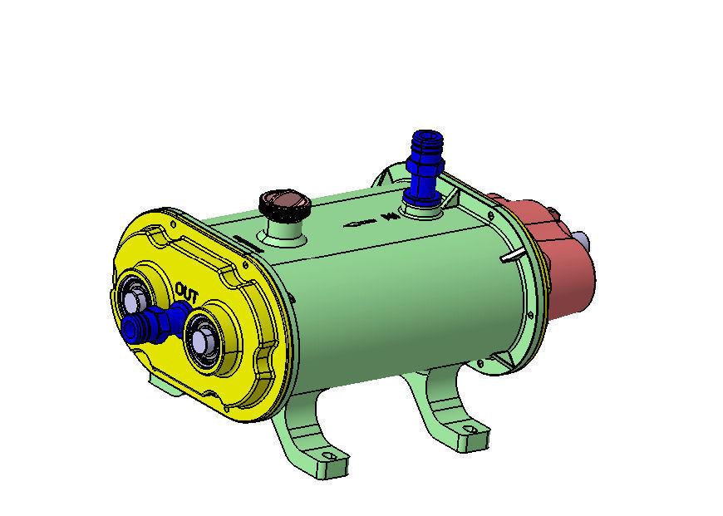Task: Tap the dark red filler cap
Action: click(x=283, y=202)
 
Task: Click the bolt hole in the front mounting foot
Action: click(x=329, y=456)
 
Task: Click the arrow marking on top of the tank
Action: click(x=359, y=223)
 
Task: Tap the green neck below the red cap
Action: click(x=285, y=233)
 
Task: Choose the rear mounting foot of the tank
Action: click(x=440, y=411)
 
